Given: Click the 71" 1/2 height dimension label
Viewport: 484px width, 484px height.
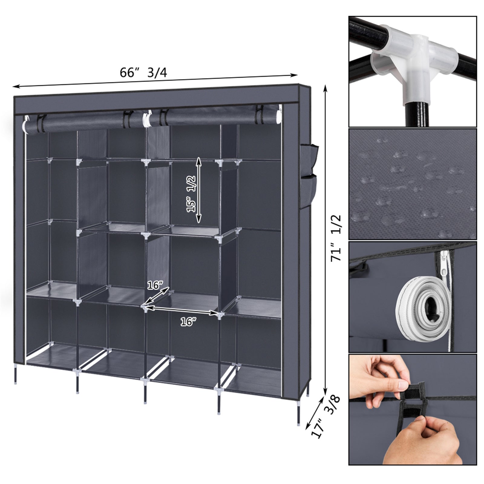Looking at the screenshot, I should click(336, 238).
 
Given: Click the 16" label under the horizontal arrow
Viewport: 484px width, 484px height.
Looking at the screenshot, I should click(188, 322).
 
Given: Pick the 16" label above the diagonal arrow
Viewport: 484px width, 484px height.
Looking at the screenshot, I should click(155, 285).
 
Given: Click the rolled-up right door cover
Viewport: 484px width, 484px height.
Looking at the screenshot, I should click(212, 116).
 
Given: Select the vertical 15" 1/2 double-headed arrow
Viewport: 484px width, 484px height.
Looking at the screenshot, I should click(199, 190).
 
